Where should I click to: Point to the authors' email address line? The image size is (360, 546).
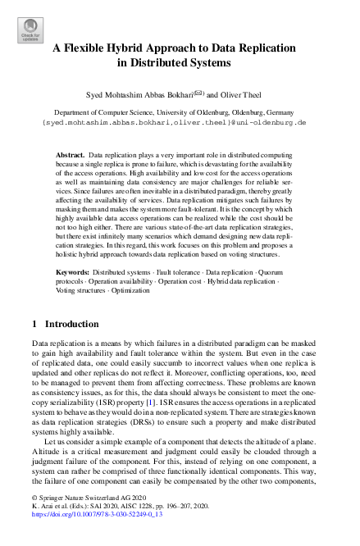coord(179,121)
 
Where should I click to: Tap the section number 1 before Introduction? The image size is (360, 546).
coord(34,324)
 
